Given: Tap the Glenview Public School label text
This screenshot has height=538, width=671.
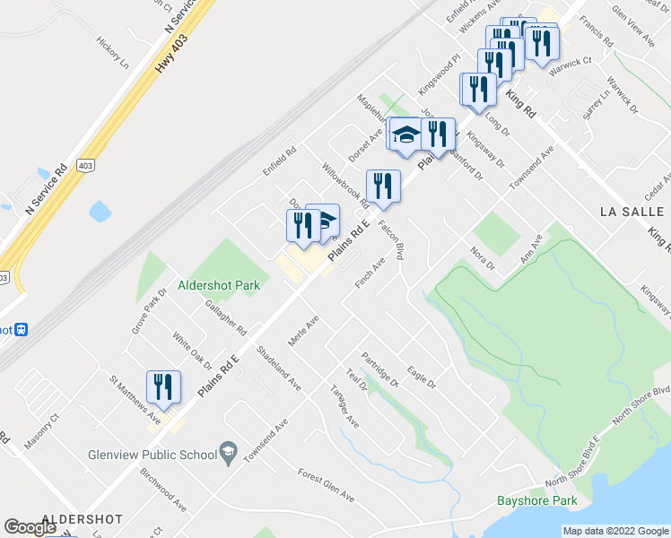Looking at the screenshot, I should (152, 454).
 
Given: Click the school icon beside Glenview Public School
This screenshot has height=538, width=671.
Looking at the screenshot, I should (229, 451).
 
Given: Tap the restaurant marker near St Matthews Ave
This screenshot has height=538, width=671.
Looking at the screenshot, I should (163, 386).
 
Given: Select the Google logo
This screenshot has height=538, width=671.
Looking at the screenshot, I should (30, 527).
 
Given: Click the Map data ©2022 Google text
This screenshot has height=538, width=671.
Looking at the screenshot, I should (615, 531).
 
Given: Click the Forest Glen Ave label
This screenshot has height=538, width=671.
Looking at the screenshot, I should (327, 486).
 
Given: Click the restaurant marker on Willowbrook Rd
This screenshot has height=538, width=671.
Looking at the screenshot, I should (383, 187).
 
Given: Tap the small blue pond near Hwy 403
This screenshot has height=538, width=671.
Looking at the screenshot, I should (100, 212).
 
